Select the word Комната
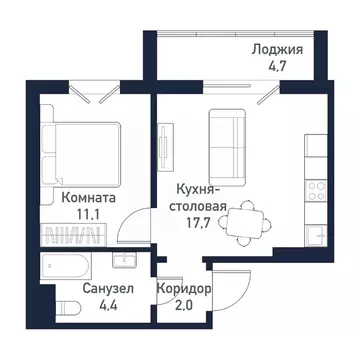coord(86,198)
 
